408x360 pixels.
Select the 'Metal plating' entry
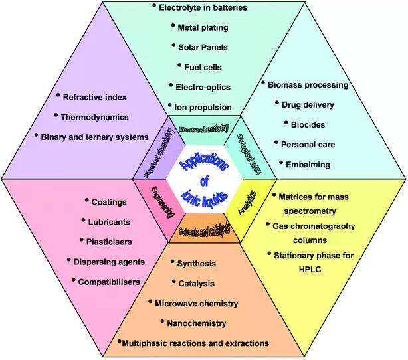pyautogui.click(x=203, y=28)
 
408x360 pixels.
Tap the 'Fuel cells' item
pyautogui.click(x=203, y=66)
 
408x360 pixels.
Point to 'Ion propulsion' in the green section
pyautogui.click(x=203, y=106)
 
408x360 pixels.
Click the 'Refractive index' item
pyautogui.click(x=95, y=97)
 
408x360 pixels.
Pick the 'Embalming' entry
pyautogui.click(x=306, y=163)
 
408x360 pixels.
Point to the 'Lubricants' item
pyautogui.click(x=110, y=221)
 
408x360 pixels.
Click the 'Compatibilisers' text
pyautogui.click(x=108, y=282)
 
